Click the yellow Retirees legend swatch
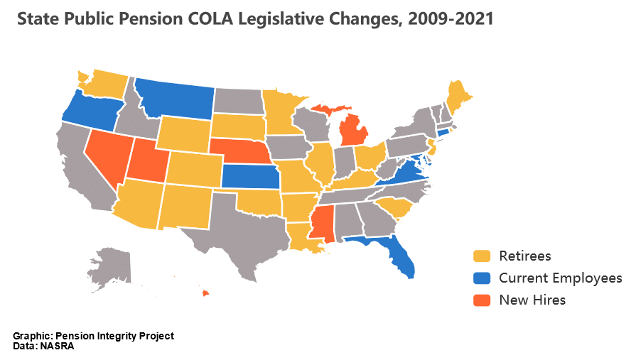click(x=482, y=256)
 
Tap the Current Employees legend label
click(x=560, y=278)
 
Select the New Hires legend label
click(x=532, y=300)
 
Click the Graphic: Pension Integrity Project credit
click(x=93, y=336)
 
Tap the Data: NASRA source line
click(x=43, y=347)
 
